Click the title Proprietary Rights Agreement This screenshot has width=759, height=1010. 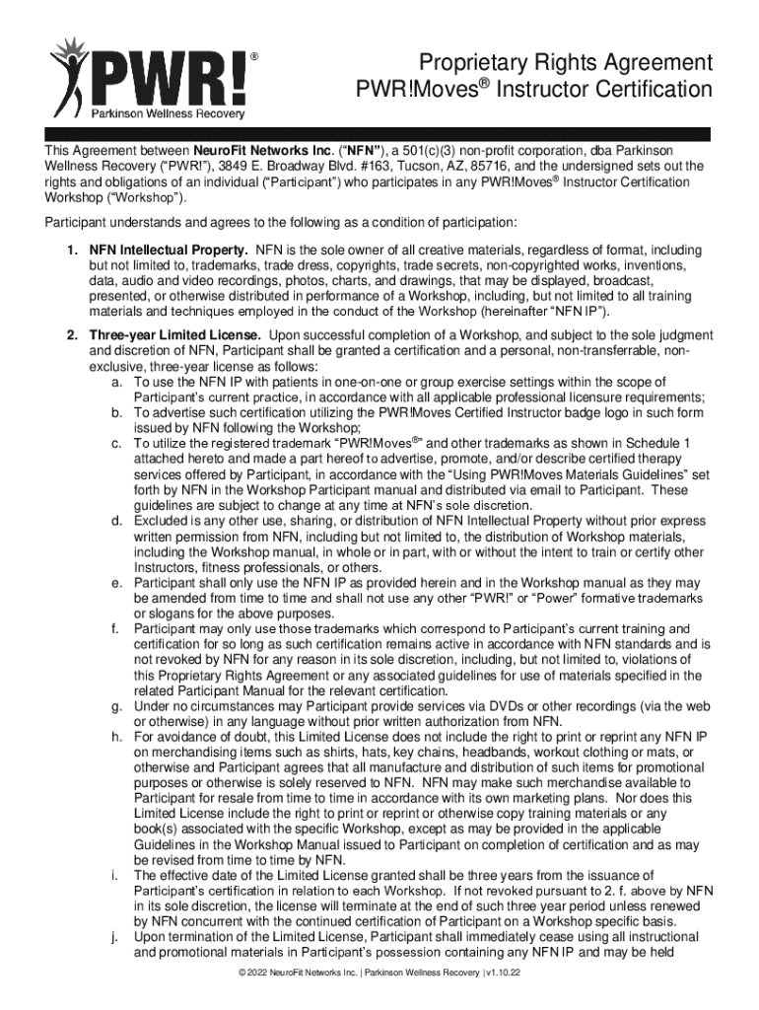coord(564,63)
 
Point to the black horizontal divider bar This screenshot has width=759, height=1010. coord(379,133)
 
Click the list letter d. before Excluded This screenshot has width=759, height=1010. coord(116,520)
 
